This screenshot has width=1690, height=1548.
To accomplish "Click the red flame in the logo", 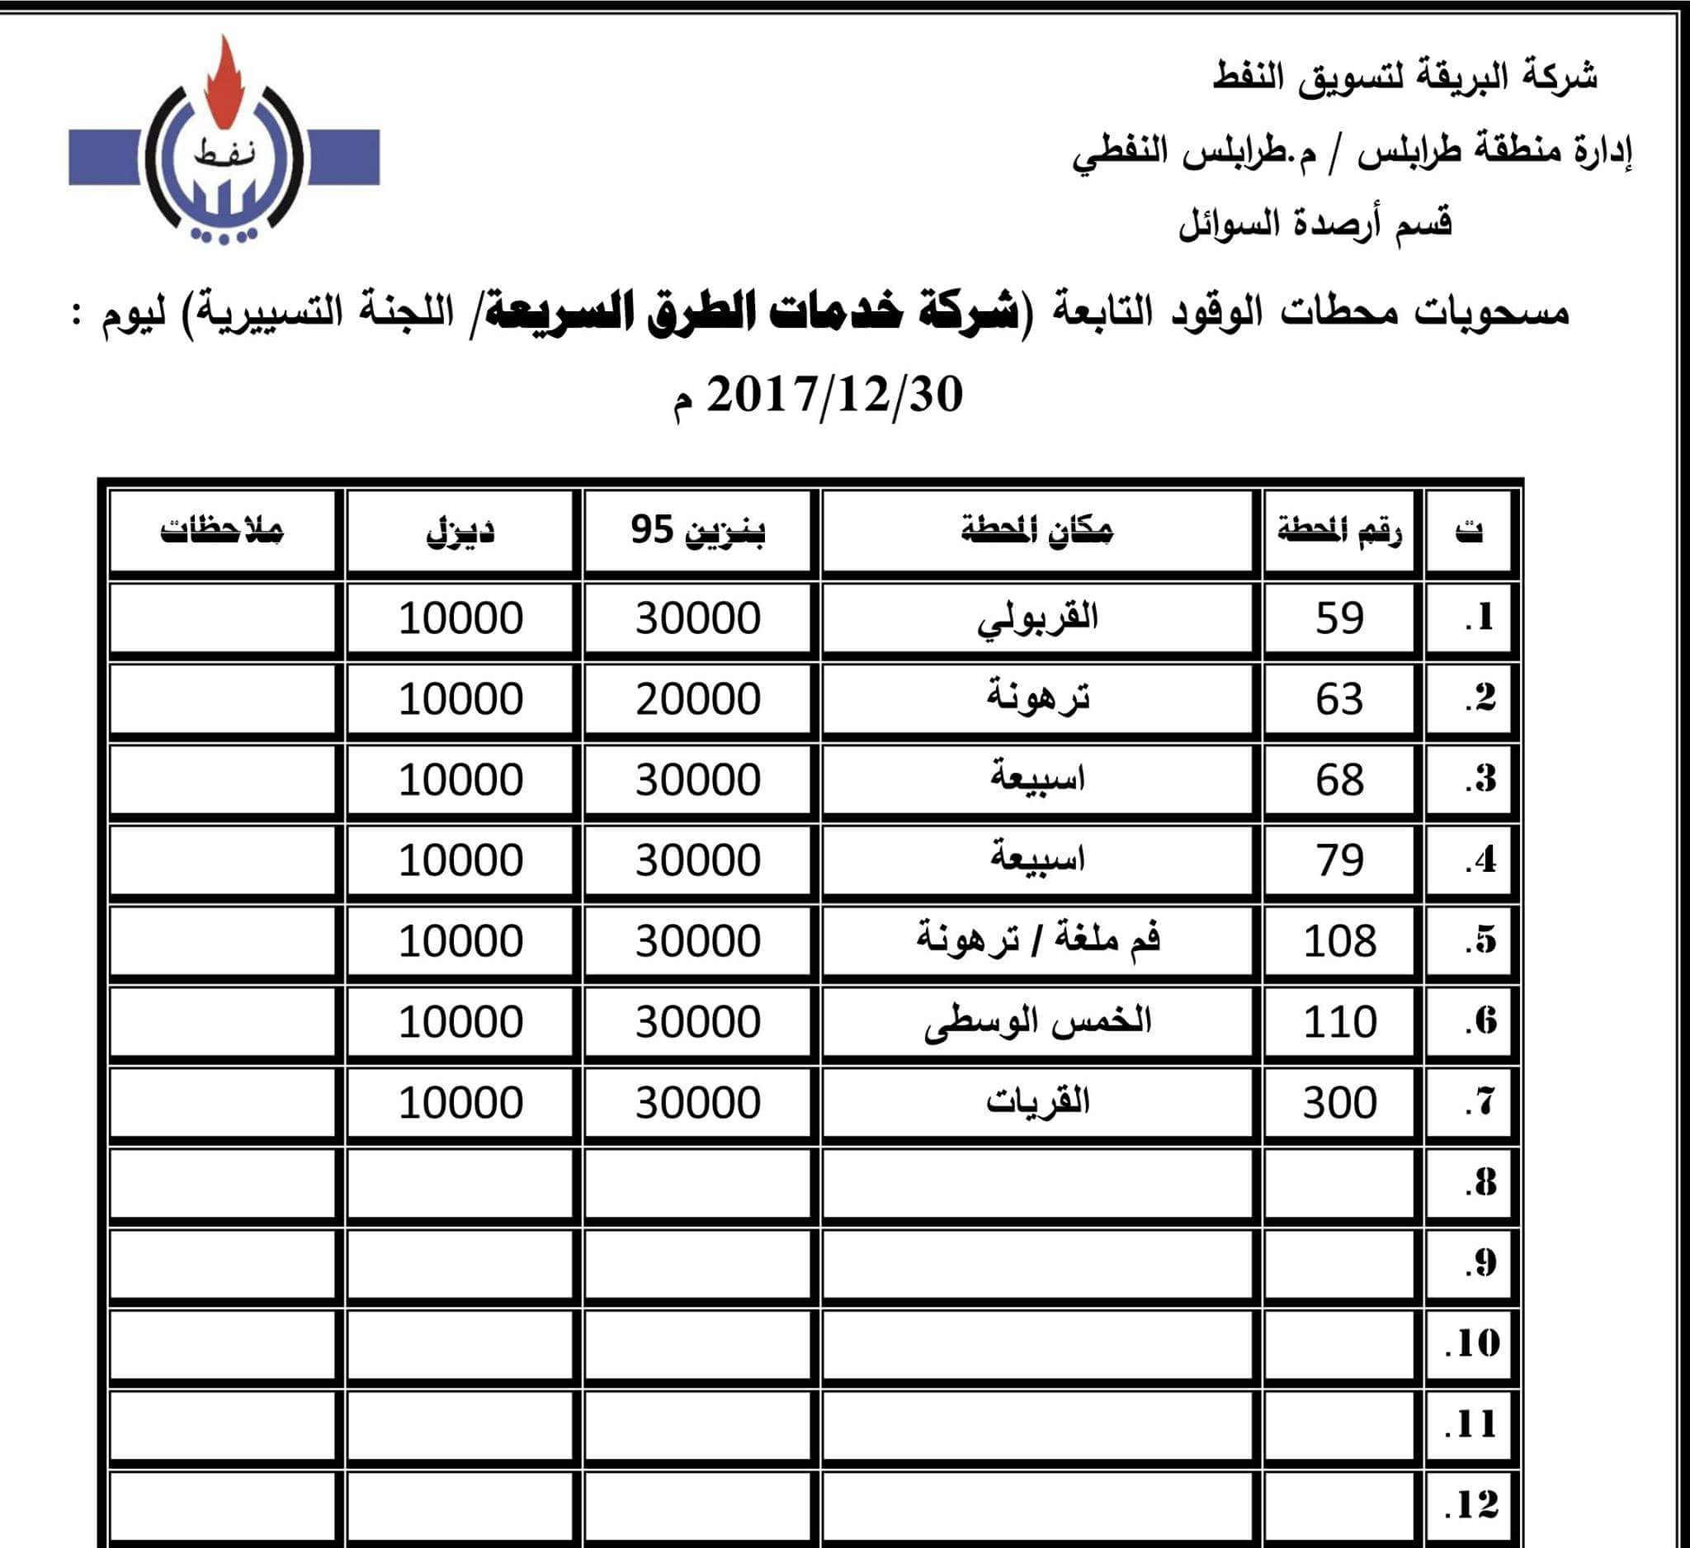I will pyautogui.click(x=222, y=88).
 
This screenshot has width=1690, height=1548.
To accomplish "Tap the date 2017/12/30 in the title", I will pyautogui.click(x=835, y=395).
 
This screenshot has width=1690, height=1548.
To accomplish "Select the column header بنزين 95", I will pyautogui.click(x=697, y=531).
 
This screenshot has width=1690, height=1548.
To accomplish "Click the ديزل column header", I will pyautogui.click(x=460, y=531).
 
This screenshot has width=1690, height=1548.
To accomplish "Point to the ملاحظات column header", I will pyautogui.click(x=222, y=531).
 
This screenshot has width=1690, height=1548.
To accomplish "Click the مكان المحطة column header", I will pyautogui.click(x=1037, y=531).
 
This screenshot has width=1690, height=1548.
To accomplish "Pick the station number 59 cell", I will pyautogui.click(x=1339, y=619).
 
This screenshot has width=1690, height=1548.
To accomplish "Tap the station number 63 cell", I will pyautogui.click(x=1339, y=699).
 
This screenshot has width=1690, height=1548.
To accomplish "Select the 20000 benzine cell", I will pyautogui.click(x=697, y=699).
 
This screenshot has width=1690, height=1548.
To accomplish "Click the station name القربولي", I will pyautogui.click(x=1037, y=619).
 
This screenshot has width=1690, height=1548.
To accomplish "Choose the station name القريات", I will pyautogui.click(x=1037, y=1102).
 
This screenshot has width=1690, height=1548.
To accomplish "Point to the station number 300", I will pyautogui.click(x=1339, y=1102).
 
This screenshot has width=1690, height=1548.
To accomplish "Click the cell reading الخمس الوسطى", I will pyautogui.click(x=1037, y=1021).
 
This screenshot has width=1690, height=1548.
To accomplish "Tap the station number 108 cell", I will pyautogui.click(x=1339, y=941).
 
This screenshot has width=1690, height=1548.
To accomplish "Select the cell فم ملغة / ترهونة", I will pyautogui.click(x=1037, y=941).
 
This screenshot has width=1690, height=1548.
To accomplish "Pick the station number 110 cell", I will pyautogui.click(x=1339, y=1021).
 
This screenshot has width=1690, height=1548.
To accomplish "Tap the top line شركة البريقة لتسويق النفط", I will pyautogui.click(x=1405, y=78).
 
